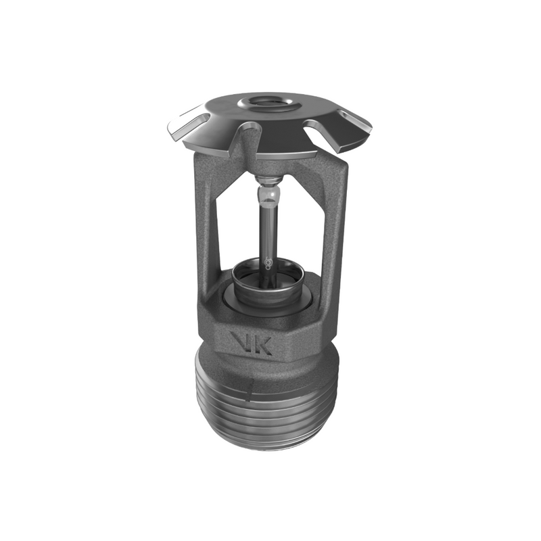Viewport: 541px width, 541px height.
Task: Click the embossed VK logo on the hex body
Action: pos(251,344)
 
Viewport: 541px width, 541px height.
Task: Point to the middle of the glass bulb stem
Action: pos(269,230)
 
